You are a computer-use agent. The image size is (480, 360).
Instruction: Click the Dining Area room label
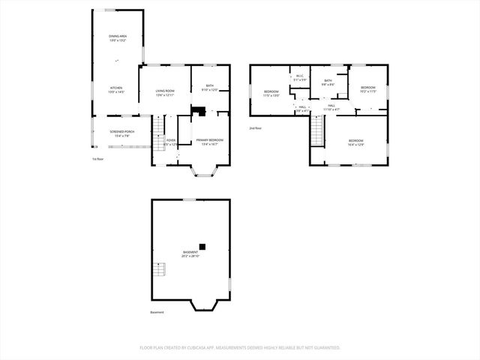pos(117,38)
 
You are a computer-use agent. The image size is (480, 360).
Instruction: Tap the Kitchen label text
pos(117,89)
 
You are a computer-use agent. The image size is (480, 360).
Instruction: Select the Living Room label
pos(164,93)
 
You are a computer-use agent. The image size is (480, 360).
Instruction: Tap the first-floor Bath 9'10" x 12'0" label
pos(210,88)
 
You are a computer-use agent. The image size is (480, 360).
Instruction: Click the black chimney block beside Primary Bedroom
pos(198,112)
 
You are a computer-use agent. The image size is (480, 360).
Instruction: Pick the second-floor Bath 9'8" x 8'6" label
pos(328,82)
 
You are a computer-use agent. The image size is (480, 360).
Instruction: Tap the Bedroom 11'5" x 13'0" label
pos(271,94)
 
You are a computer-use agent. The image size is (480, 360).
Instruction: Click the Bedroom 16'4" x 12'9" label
pos(355,142)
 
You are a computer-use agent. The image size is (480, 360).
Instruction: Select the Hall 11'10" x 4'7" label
pos(331,108)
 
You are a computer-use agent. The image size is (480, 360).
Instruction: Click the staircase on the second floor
pos(317,133)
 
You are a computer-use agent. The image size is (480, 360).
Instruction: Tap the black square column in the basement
pos(202,245)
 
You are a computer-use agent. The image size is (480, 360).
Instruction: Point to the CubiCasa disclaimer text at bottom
pos(239,347)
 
